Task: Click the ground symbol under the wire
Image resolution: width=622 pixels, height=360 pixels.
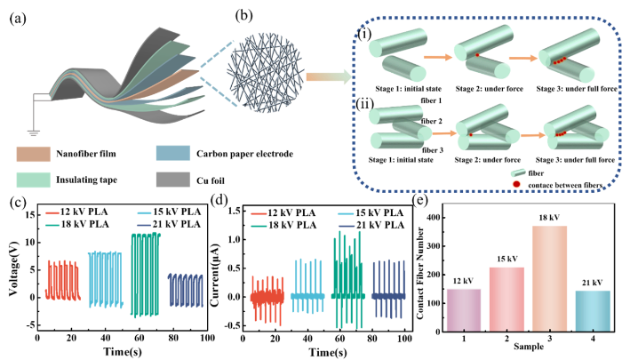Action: tap(34, 132)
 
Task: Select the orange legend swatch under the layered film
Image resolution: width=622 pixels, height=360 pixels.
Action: tap(33, 155)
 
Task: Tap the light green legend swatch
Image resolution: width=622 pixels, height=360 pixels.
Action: tap(33, 180)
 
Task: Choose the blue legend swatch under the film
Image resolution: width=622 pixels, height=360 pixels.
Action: tap(173, 153)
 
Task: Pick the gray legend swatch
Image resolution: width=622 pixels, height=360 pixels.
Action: tap(173, 180)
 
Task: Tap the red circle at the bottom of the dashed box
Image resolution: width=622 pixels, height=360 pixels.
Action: tap(516, 184)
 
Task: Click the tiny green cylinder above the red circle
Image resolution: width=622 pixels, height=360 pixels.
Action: tap(518, 172)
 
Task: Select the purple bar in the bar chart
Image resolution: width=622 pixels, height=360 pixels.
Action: tap(463, 309)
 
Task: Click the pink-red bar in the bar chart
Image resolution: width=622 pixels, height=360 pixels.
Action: tap(506, 299)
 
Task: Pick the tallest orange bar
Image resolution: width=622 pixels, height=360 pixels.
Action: tap(549, 278)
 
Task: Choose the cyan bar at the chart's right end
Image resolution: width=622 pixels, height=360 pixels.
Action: tap(592, 310)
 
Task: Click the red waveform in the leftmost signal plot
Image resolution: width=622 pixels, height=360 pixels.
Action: tap(62, 281)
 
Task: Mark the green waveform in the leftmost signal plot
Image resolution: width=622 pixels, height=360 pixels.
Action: tap(145, 274)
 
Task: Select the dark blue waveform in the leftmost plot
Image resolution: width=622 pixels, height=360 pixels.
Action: tap(186, 290)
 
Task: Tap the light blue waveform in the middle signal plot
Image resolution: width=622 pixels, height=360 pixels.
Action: tap(307, 287)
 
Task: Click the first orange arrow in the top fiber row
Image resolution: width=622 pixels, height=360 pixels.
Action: tap(437, 57)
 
